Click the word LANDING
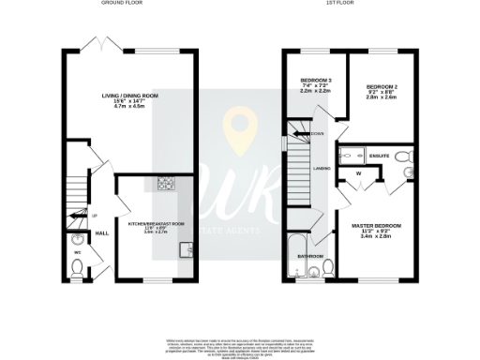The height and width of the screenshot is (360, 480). tap(322, 168)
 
